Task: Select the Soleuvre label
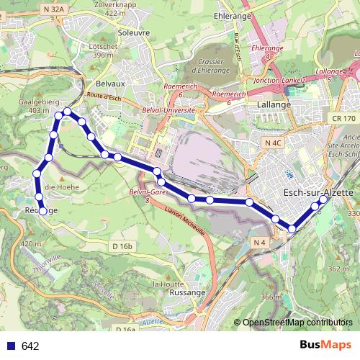point(132,32)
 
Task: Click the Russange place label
point(187,293)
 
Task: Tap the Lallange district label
point(274,104)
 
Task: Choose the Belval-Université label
point(168,112)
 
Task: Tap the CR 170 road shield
point(345,117)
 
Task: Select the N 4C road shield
point(273,144)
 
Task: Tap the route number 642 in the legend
point(30,346)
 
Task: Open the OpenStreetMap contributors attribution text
point(297,322)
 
